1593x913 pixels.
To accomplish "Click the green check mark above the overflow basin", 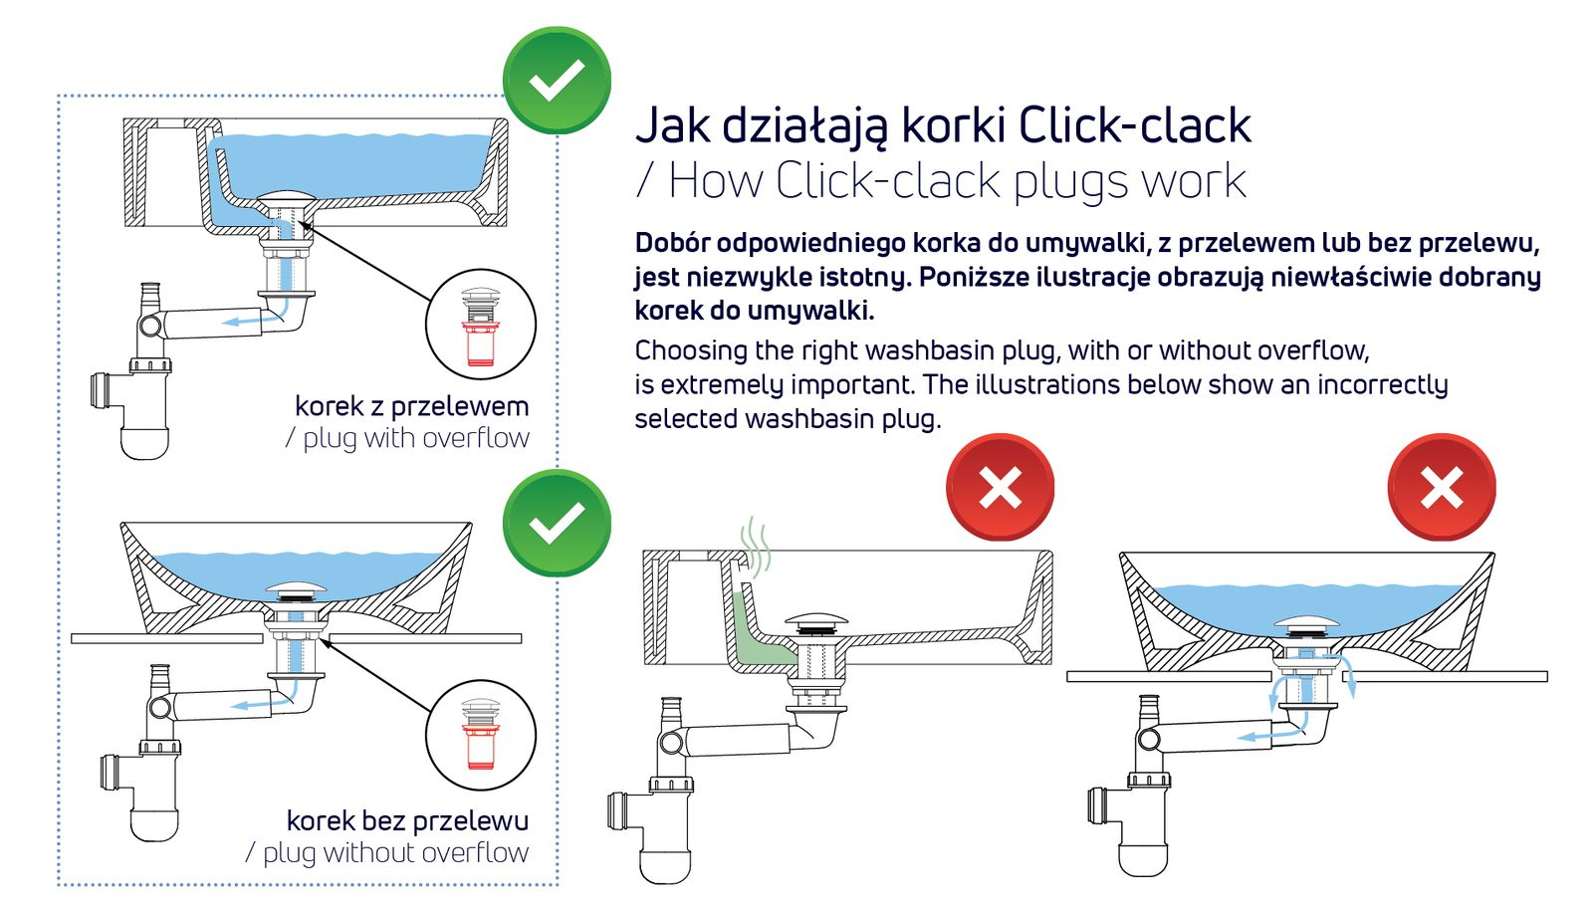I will tap(557, 80).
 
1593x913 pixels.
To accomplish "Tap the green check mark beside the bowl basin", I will tap(557, 523).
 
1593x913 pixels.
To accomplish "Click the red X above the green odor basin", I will tap(1000, 488).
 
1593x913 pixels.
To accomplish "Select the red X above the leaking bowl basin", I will tap(1441, 488).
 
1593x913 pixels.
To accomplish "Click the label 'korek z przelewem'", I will tap(411, 406).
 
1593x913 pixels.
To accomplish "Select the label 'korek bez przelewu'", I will tap(407, 820).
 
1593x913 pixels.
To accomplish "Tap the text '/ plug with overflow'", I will tap(407, 438).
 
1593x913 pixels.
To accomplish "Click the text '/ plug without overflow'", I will tap(387, 852).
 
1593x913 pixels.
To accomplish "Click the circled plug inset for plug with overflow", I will tap(481, 325).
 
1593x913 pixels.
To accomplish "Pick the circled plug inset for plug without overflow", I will tap(481, 736).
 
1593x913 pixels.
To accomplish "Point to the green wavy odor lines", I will tap(756, 549).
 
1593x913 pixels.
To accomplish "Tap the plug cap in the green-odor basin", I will tap(816, 621).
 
